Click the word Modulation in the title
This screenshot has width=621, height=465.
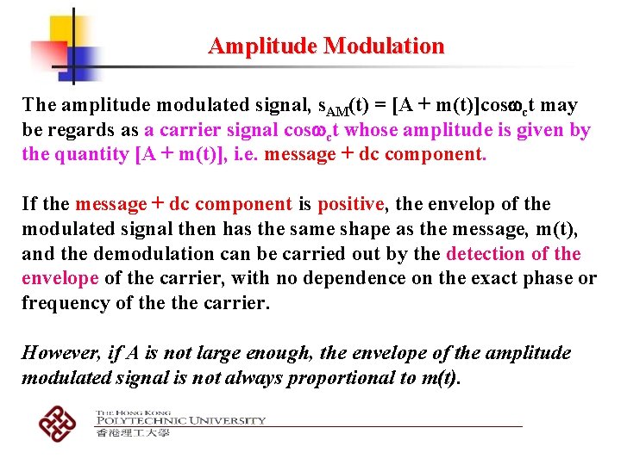pyautogui.click(x=384, y=46)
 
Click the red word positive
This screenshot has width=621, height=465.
pyautogui.click(x=351, y=205)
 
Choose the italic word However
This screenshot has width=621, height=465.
pyautogui.click(x=59, y=354)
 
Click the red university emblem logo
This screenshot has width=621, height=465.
pyautogui.click(x=57, y=422)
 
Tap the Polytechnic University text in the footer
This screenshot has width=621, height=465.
pyautogui.click(x=180, y=420)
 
